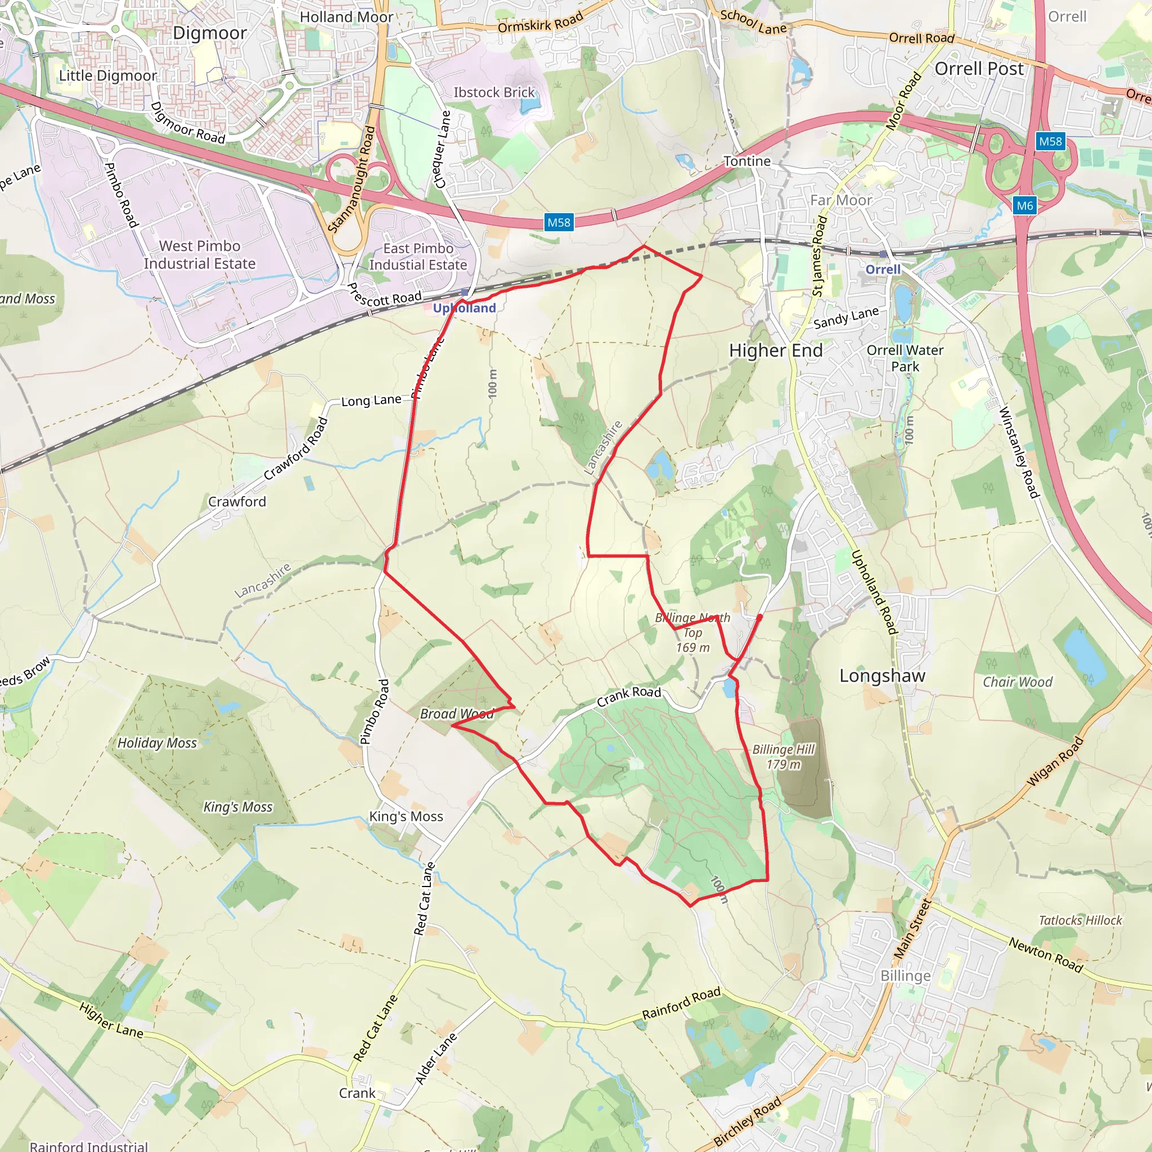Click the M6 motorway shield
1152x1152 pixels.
coord(1024,206)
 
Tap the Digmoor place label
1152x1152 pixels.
coord(209,33)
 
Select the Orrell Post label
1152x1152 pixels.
coord(979,69)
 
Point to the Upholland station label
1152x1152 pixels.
coord(464,308)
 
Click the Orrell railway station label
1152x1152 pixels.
coord(883,269)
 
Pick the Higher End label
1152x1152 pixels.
coord(776,350)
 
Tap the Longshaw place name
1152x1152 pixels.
coord(882,676)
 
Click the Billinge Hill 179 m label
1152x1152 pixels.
coord(783,757)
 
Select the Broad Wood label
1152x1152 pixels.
coord(457,714)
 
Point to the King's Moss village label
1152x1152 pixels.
coord(406,816)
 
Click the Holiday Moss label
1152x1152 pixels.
coord(157,743)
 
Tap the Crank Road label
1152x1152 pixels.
coord(629,695)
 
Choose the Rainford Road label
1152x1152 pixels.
coord(681,1003)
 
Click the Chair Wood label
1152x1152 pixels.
coord(1017,682)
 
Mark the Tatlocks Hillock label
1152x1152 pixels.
coord(1080,920)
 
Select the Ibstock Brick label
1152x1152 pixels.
coord(494,92)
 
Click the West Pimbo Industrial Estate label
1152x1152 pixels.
coord(200,255)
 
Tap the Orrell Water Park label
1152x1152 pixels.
coord(904,358)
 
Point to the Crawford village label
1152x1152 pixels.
coord(237,501)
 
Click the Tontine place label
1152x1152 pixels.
coord(746,161)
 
